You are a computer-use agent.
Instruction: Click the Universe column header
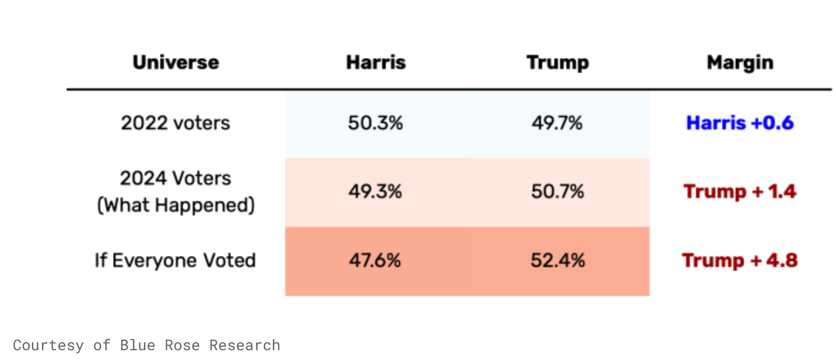[x=176, y=62]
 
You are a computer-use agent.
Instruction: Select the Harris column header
[x=376, y=62]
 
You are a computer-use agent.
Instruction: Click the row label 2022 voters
[x=176, y=123]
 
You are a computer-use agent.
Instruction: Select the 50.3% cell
[x=376, y=123]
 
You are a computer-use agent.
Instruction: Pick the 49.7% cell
[x=557, y=123]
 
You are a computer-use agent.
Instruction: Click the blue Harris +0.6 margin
[x=740, y=123]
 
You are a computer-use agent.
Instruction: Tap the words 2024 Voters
[x=176, y=178]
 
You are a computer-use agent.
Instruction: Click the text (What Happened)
[x=176, y=205]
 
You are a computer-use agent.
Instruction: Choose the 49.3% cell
[x=375, y=191]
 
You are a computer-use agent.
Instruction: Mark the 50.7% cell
[x=558, y=191]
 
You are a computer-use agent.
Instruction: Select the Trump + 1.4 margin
[x=740, y=192]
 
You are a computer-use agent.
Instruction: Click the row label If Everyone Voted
[x=175, y=261]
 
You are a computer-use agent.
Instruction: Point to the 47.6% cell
[x=375, y=260]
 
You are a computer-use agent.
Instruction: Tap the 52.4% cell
[x=558, y=260]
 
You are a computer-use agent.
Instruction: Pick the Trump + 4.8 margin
[x=740, y=261]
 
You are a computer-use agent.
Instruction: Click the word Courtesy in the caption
[x=48, y=346]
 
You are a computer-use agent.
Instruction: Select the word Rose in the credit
[x=182, y=345]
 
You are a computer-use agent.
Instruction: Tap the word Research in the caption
[x=245, y=345]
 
